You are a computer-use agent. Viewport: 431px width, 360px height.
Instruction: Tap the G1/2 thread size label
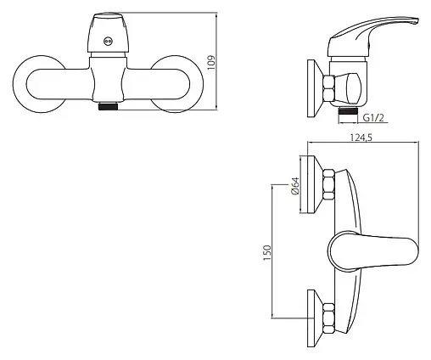click(373, 118)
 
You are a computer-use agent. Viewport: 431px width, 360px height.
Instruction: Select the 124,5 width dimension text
click(361, 138)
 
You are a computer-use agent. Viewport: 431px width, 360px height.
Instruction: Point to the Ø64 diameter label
click(295, 186)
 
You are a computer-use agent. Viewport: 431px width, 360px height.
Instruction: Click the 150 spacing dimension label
click(267, 253)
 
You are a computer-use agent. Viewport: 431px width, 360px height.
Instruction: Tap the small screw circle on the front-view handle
click(108, 42)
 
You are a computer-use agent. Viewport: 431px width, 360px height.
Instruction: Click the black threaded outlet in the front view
click(108, 106)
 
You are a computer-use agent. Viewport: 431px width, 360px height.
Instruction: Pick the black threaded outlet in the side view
click(348, 110)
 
